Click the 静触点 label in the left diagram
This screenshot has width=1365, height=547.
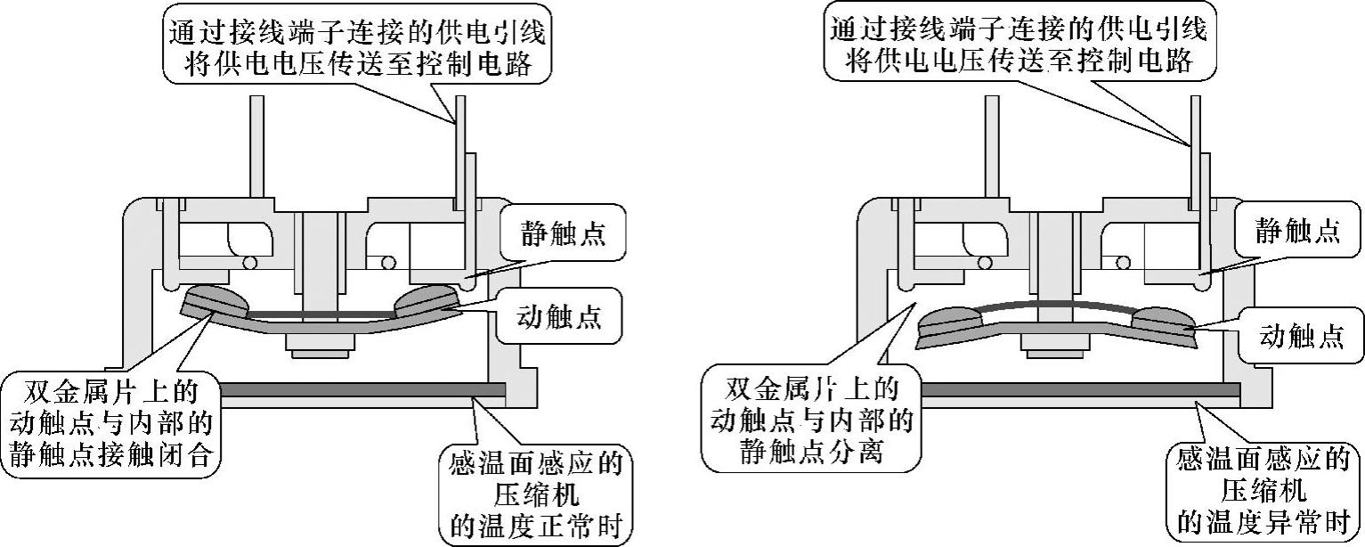coord(563,234)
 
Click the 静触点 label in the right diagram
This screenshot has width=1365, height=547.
coord(1296,232)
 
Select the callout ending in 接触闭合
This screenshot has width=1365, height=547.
coord(110,424)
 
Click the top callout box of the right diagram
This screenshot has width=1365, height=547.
coord(1018,44)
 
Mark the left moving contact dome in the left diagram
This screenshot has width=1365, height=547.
coord(217,298)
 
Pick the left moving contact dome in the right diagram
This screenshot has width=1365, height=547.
coord(953,318)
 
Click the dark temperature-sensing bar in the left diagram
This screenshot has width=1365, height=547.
coord(356,389)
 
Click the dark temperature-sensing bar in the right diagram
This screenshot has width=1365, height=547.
coord(1077,390)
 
